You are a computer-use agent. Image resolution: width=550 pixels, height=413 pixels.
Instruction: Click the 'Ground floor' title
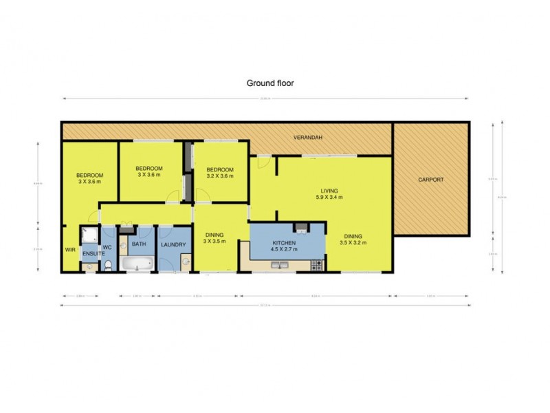(270, 83)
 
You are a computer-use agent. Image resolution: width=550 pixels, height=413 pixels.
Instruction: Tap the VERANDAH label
(308, 138)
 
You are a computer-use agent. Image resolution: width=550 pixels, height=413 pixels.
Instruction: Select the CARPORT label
(431, 180)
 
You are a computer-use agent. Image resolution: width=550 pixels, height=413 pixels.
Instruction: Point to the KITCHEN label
(284, 244)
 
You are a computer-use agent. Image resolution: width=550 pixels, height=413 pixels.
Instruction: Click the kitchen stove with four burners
(317, 264)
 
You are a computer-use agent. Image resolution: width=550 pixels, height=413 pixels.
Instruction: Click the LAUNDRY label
(173, 244)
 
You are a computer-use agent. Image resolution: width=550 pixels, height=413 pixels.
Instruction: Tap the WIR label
(69, 249)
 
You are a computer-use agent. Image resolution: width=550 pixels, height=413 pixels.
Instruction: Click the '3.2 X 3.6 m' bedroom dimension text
(220, 176)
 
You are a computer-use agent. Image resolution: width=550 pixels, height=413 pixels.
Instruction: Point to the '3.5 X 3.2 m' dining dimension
(355, 242)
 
